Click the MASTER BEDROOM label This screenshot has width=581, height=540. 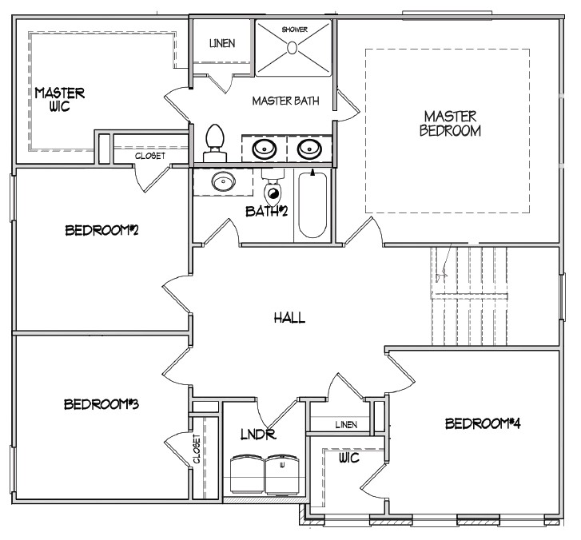tap(450, 124)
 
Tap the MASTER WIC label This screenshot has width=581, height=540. tap(59, 100)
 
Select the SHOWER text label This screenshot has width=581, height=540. tap(294, 30)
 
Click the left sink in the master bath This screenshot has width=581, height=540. tap(265, 149)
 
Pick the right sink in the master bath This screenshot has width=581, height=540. tap(309, 149)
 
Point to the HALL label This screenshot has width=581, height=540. tap(289, 318)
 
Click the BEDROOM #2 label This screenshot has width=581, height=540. tap(103, 231)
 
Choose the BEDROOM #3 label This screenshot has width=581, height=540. tap(102, 404)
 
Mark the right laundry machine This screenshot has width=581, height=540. tap(281, 474)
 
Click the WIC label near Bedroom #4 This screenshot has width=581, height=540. tap(349, 459)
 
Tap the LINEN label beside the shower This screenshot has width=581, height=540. tap(222, 43)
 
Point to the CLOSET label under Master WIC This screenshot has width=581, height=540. tap(150, 156)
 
